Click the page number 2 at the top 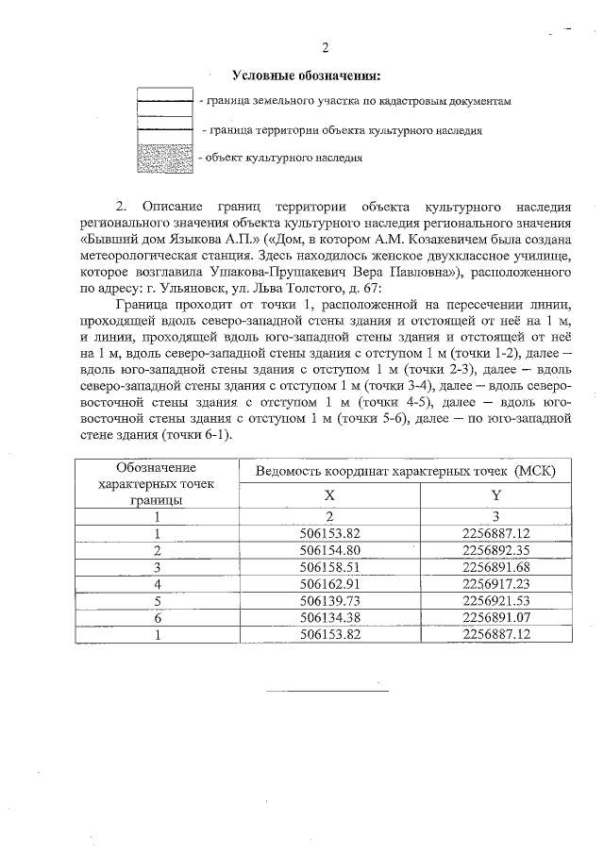coord(326,48)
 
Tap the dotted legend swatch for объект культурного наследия coord(166,157)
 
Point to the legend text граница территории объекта coord(346,130)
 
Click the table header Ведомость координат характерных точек coord(405,470)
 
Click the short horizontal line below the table coord(326,693)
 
